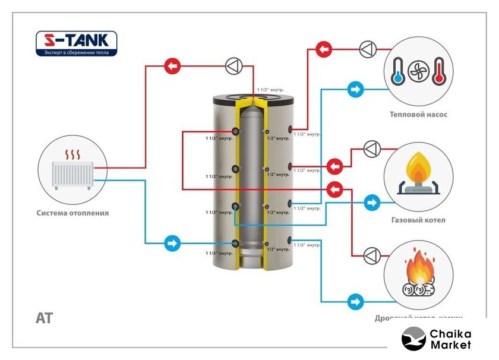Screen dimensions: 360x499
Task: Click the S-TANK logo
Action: tap(77, 44)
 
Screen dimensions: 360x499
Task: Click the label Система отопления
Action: tap(72, 213)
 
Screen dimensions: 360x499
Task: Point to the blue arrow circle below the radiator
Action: tap(172, 243)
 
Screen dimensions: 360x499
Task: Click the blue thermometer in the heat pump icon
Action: tap(397, 71)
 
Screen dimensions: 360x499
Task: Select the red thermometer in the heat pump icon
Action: tap(439, 71)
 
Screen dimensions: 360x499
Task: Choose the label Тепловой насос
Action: tap(418, 115)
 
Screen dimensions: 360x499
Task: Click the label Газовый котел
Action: tap(418, 220)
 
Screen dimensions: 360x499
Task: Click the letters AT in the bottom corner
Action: tap(44, 318)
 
